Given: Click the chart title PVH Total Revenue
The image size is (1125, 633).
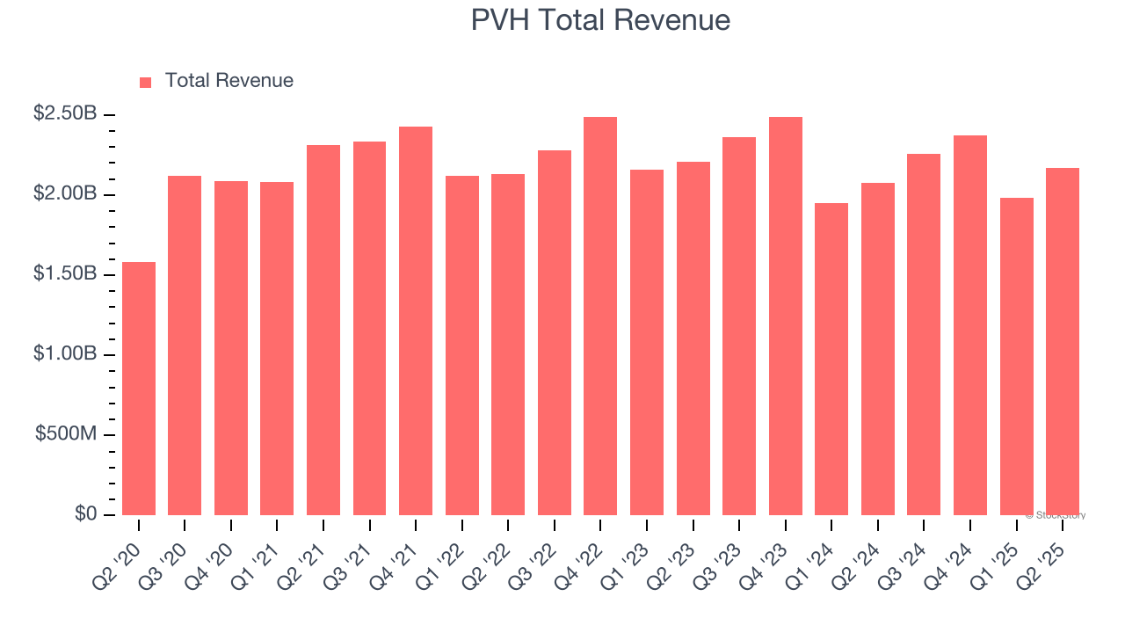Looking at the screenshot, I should (x=600, y=20).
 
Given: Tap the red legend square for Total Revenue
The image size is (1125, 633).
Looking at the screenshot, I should (x=146, y=83).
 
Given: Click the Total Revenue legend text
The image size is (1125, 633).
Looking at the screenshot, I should (x=229, y=81).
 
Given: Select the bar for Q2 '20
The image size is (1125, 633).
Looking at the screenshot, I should (x=139, y=389).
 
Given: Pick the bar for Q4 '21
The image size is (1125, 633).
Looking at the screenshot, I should (x=416, y=321).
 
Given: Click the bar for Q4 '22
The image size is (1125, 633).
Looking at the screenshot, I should (x=600, y=316).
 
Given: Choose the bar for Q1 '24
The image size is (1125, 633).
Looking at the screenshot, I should (x=831, y=359).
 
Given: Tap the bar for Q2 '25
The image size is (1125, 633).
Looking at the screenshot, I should (x=1063, y=341).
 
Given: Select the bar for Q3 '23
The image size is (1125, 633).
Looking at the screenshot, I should (x=739, y=326).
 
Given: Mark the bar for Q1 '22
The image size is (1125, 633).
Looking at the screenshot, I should (x=462, y=346).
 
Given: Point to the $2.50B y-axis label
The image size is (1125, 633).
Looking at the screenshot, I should (x=65, y=113).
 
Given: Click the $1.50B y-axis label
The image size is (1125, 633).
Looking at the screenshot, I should (x=65, y=273).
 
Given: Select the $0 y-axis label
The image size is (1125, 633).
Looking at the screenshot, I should (x=85, y=514).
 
